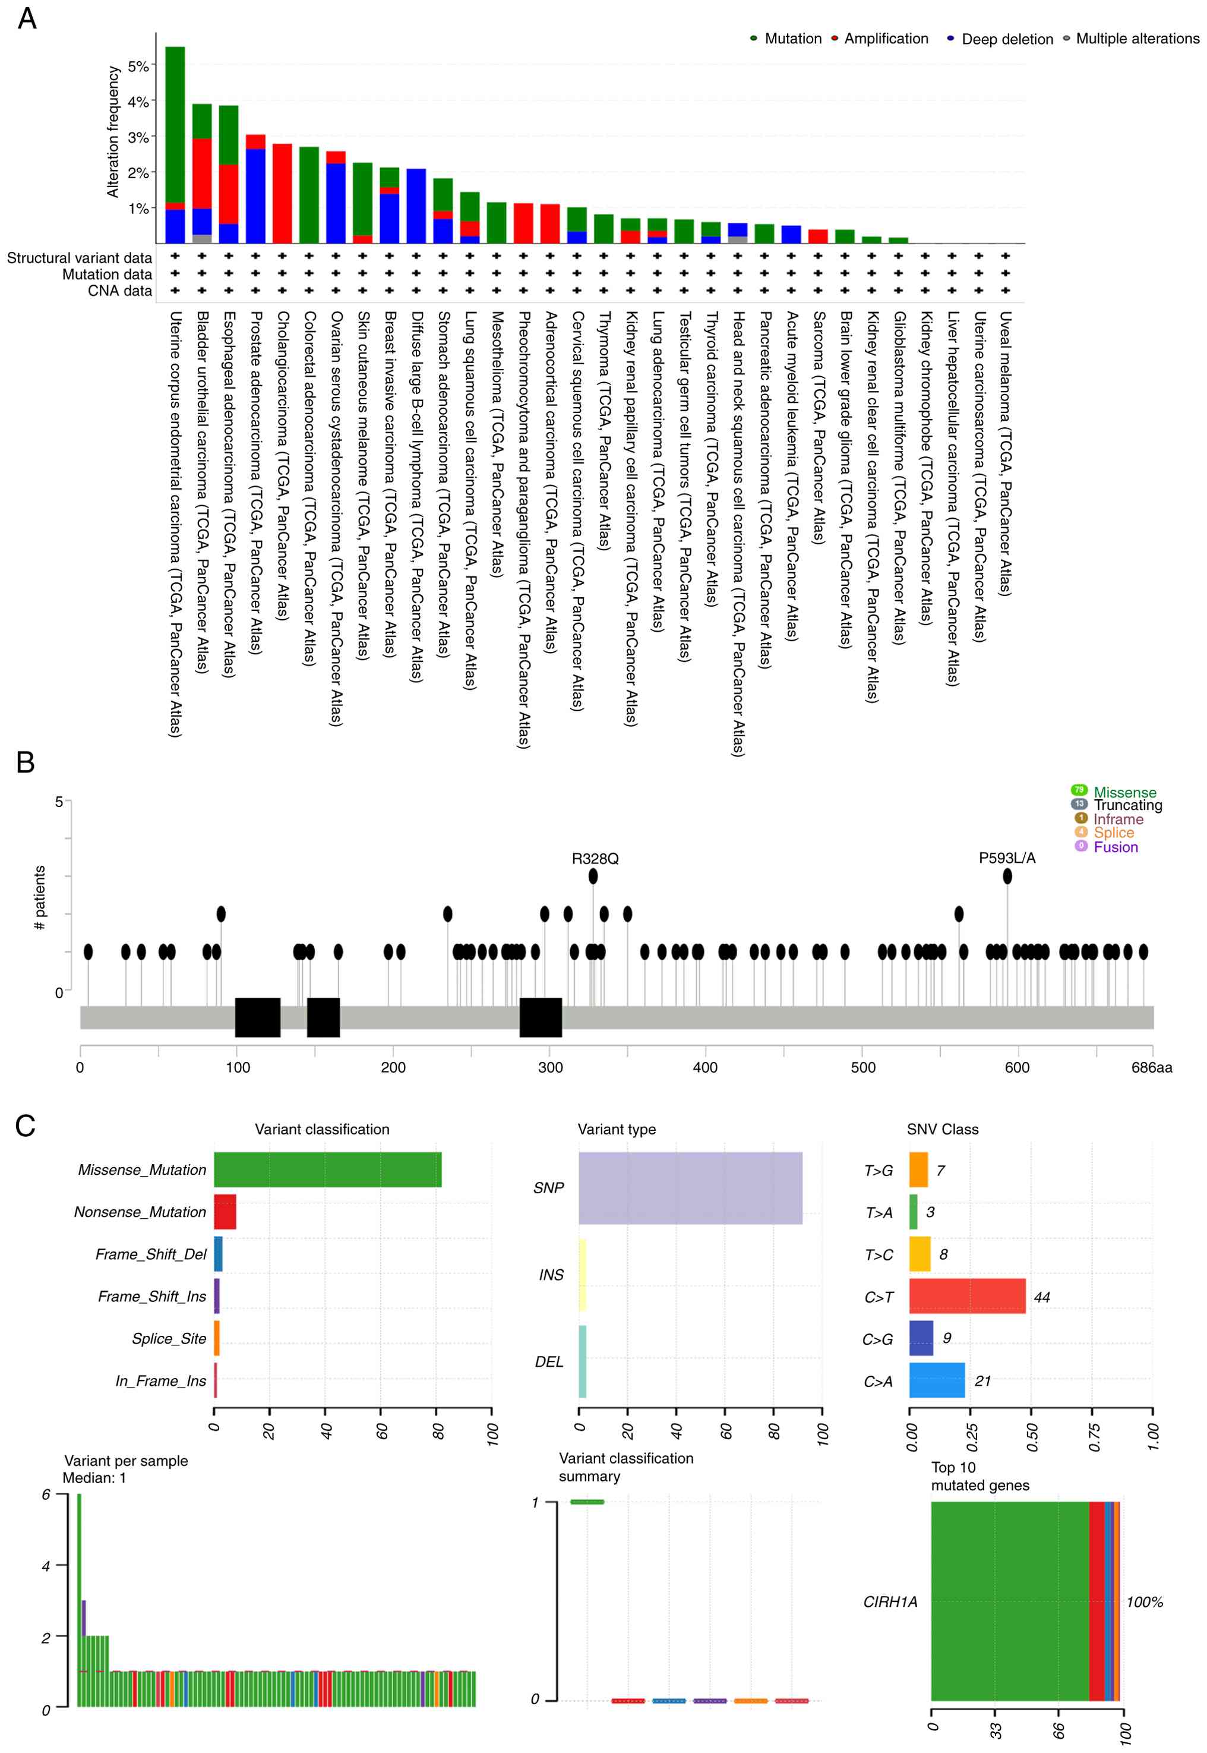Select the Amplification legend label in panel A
886,39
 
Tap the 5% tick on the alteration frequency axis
138,66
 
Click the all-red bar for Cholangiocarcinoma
282,193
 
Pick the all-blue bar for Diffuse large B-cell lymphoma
416,206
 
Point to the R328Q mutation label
595,858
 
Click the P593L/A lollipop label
1007,857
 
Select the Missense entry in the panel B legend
1124,792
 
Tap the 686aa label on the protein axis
1151,1067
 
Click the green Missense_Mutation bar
327,1169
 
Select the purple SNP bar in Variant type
690,1188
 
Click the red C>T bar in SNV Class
966,1296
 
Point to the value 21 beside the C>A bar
982,1381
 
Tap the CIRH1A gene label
890,1601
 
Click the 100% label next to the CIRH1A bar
1144,1601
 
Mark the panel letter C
25,1126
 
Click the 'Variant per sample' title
125,1460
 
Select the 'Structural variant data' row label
80,258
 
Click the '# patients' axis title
40,897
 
